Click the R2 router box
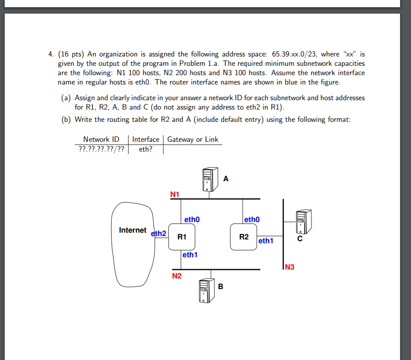coord(243,236)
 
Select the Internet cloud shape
coord(131,244)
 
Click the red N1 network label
coord(175,194)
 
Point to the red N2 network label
coord(176,276)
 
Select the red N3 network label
coord(290,267)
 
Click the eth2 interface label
coord(159,233)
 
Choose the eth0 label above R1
coord(192,219)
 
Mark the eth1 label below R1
coord(190,255)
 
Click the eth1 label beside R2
coord(266,241)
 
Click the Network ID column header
coord(101,139)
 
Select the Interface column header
coord(145,139)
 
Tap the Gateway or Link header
coord(193,139)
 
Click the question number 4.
coord(50,54)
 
